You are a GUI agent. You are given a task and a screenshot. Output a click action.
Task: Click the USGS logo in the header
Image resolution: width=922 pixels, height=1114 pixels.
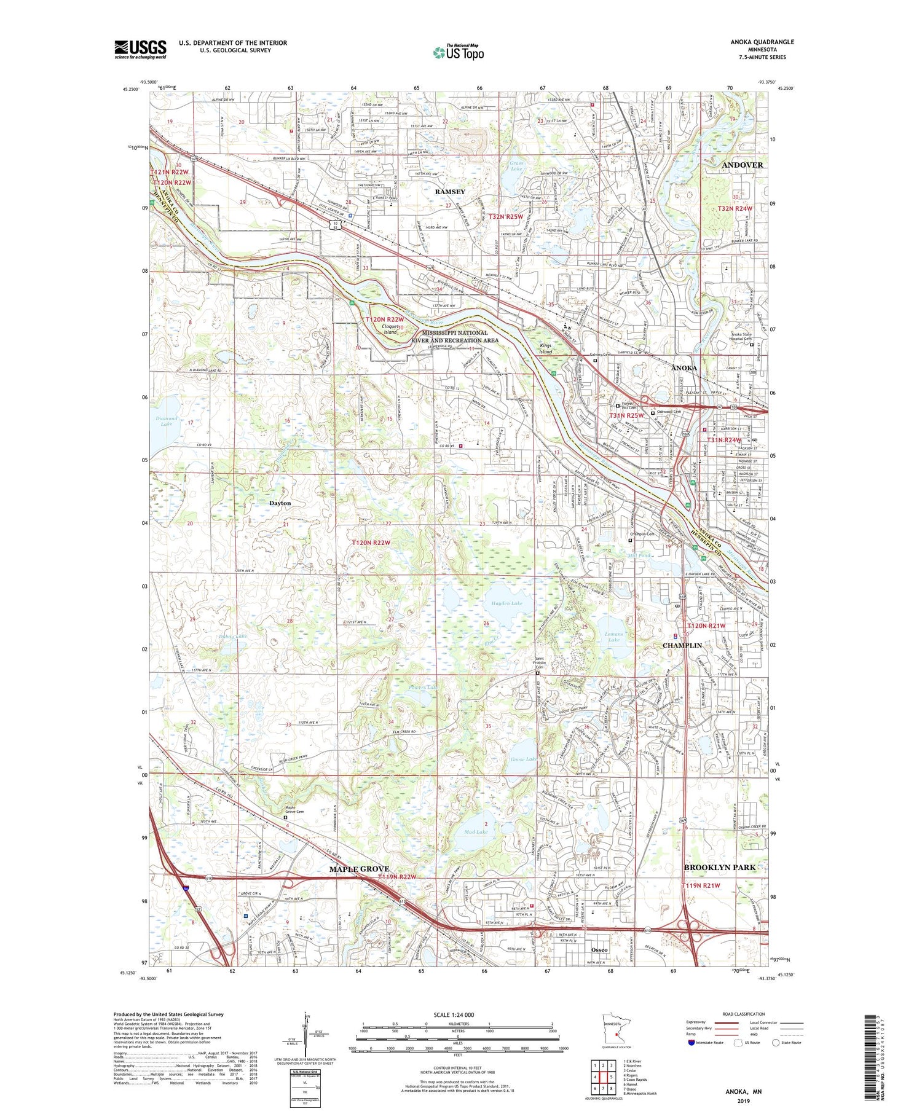(x=140, y=49)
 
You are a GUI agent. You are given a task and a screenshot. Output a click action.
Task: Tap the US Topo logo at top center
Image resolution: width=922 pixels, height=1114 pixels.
(x=458, y=53)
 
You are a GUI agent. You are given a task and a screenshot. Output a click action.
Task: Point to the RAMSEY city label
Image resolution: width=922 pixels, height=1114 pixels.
(x=450, y=192)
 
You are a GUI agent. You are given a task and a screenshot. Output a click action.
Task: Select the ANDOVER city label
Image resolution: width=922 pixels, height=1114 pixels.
(x=742, y=165)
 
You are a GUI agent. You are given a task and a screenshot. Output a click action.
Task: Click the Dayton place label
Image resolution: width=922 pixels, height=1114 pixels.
(x=280, y=503)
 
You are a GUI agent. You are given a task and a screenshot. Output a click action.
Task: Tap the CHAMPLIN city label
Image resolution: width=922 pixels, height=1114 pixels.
(x=682, y=646)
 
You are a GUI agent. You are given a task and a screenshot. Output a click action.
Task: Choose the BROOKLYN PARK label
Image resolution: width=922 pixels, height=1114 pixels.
(x=719, y=867)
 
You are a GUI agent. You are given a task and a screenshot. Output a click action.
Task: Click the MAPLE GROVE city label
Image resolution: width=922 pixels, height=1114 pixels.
(x=359, y=869)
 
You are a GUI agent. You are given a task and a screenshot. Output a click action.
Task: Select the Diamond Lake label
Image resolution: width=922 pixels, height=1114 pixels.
(x=166, y=421)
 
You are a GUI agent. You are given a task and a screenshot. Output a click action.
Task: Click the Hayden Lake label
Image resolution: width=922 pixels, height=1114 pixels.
(x=506, y=603)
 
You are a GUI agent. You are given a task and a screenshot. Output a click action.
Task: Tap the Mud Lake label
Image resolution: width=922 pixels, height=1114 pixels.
(x=476, y=832)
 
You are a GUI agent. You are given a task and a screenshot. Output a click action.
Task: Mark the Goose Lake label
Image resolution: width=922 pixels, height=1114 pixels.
(x=523, y=759)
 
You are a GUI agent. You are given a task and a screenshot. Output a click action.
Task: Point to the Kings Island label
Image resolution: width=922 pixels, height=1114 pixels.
(x=546, y=348)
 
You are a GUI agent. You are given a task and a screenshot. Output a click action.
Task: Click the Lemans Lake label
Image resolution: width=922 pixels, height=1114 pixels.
(x=613, y=637)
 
